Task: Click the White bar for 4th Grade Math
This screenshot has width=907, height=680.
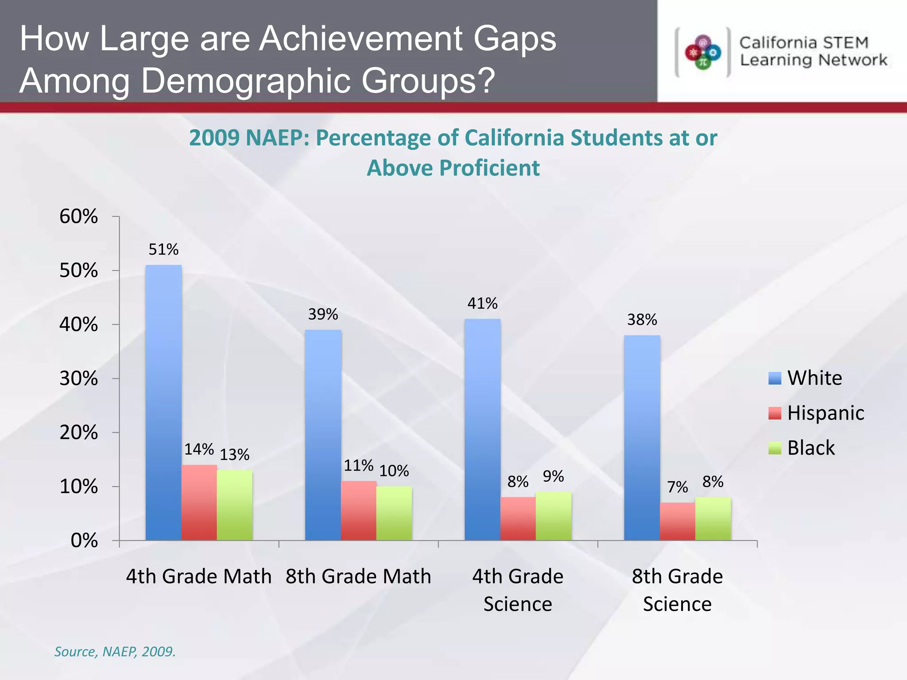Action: click(x=163, y=403)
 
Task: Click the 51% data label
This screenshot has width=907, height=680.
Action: click(x=163, y=250)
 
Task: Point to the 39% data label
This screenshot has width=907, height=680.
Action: click(x=323, y=314)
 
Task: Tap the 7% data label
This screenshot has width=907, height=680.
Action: click(x=677, y=487)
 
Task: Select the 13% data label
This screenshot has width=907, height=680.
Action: click(x=234, y=455)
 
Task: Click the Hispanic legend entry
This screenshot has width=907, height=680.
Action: click(x=825, y=413)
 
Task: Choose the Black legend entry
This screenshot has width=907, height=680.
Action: click(x=810, y=448)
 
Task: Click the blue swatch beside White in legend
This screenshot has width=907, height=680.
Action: click(x=775, y=378)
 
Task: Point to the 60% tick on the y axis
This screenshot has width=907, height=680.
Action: click(x=79, y=216)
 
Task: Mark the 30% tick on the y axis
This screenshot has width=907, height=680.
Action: click(x=79, y=379)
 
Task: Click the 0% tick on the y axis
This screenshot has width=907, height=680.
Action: click(x=84, y=541)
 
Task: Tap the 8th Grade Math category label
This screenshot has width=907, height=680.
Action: click(x=358, y=576)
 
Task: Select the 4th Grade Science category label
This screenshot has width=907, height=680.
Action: click(x=518, y=590)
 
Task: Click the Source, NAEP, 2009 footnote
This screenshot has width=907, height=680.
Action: click(x=115, y=652)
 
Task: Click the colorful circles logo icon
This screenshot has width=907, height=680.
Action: click(x=703, y=53)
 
